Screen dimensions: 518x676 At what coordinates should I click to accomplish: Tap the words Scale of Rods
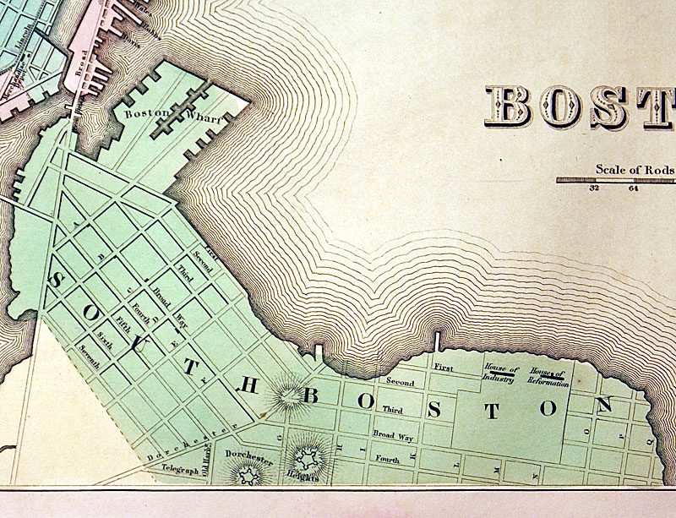click(x=635, y=169)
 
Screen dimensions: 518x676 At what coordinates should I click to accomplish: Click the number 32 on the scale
click(x=594, y=188)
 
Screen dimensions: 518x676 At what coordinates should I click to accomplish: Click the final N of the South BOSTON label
click(x=603, y=406)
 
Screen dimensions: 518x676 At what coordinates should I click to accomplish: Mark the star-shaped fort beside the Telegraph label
click(x=247, y=477)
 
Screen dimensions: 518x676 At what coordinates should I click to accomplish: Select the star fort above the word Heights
click(x=308, y=455)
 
